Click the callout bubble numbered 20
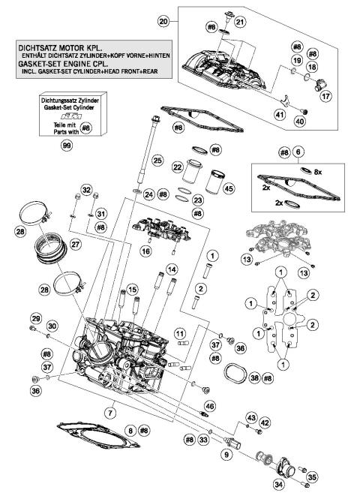[x=164, y=23]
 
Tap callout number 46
[x=209, y=406]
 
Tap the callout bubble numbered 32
[x=86, y=190]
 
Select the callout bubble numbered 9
[x=224, y=453]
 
